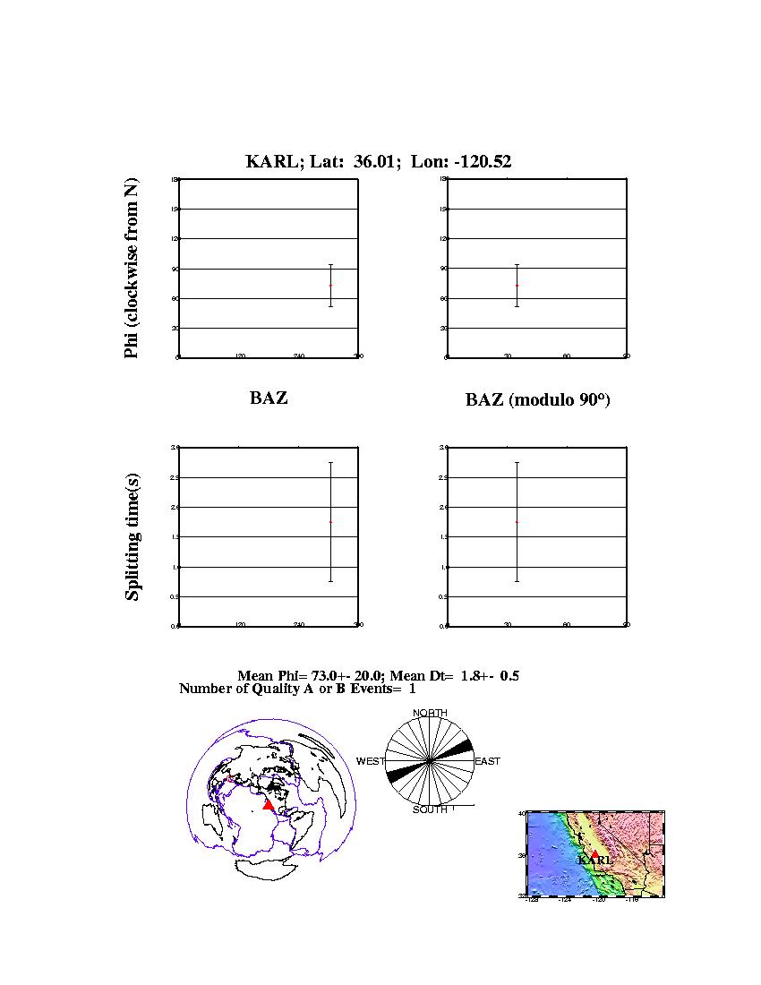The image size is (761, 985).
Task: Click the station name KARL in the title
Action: (x=265, y=162)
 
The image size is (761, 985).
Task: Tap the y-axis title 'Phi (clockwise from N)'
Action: (x=132, y=269)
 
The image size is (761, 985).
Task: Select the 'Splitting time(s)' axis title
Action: (x=132, y=537)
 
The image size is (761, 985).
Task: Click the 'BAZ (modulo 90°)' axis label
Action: (x=537, y=400)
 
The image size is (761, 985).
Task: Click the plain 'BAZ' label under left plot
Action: (x=269, y=398)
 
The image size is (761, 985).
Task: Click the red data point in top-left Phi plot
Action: (x=330, y=286)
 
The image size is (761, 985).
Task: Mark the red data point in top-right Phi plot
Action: (x=517, y=286)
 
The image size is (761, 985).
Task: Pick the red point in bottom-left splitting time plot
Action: (x=330, y=522)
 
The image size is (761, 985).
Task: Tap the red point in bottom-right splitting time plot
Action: (x=517, y=522)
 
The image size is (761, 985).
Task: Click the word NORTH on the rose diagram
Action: (x=430, y=713)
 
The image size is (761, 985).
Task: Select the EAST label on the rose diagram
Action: (x=487, y=761)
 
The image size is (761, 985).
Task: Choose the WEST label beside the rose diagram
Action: (x=371, y=761)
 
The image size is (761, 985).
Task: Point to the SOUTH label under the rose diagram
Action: (x=430, y=809)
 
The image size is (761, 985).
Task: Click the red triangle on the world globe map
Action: (x=268, y=805)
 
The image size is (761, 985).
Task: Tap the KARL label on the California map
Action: (x=595, y=861)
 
